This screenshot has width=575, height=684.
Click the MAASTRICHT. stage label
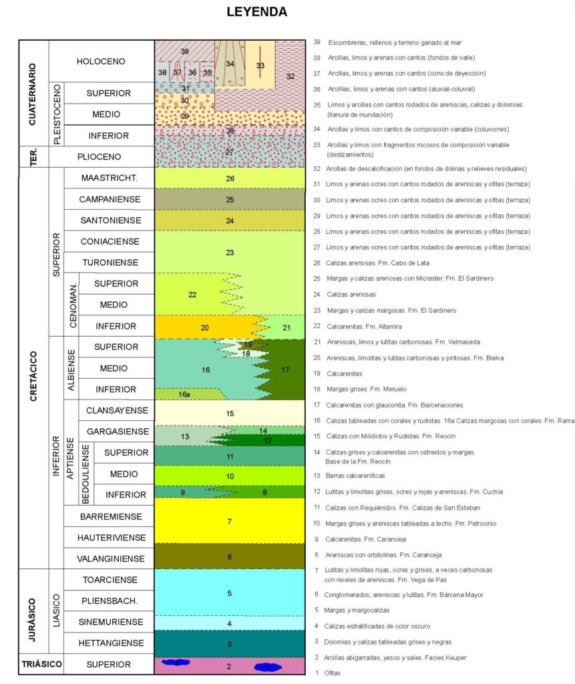coord(109,178)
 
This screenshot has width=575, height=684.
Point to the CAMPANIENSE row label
coord(109,199)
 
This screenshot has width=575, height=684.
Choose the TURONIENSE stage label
coord(109,263)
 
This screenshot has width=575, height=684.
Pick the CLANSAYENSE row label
coord(113,410)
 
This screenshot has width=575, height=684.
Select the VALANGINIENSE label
coord(108,558)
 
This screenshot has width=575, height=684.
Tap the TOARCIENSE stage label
coord(108,579)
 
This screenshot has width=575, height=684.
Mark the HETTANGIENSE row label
coord(108,643)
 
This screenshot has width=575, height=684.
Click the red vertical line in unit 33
coord(260,63)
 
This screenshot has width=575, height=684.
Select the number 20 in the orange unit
coord(204,327)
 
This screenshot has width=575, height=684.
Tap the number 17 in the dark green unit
coord(286,369)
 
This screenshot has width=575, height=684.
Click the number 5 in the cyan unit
coord(229,592)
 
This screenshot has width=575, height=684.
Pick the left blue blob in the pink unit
coord(176,663)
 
